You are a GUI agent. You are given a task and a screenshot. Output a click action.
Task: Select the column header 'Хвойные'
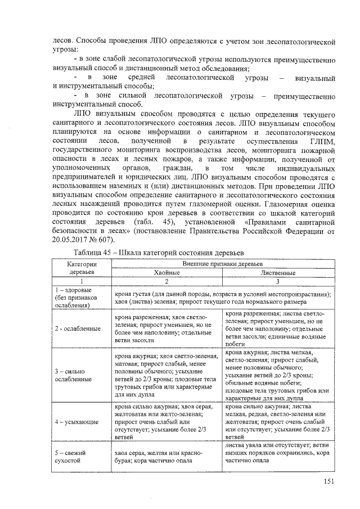166,272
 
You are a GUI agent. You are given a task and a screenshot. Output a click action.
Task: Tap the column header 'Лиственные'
278,272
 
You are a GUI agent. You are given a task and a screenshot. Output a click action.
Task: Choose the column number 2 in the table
166,281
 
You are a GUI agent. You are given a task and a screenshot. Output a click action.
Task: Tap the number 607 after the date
110,241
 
